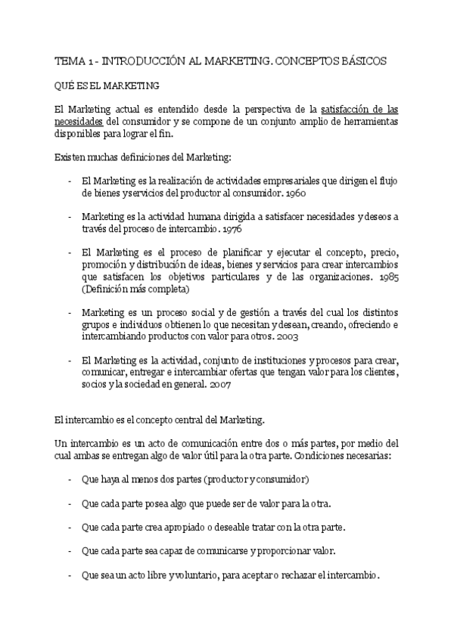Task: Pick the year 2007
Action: pyautogui.click(x=219, y=384)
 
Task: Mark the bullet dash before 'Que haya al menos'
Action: pyautogui.click(x=70, y=479)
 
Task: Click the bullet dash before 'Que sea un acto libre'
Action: pyautogui.click(x=70, y=575)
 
